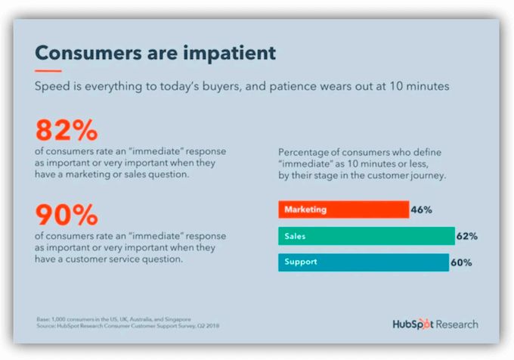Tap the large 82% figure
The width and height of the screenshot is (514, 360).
[x=67, y=130]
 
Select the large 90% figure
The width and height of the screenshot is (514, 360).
[x=67, y=215]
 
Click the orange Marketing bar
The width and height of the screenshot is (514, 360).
[x=343, y=209]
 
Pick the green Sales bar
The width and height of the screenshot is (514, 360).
[x=367, y=236]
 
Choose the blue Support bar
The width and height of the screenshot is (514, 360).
[x=363, y=262]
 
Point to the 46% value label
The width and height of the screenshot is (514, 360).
[x=422, y=209]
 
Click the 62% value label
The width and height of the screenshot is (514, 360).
[x=467, y=236]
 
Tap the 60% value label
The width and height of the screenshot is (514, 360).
[x=461, y=262]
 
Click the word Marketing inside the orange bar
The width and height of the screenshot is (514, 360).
[x=305, y=209]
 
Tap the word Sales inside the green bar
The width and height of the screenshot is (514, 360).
[x=295, y=236]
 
